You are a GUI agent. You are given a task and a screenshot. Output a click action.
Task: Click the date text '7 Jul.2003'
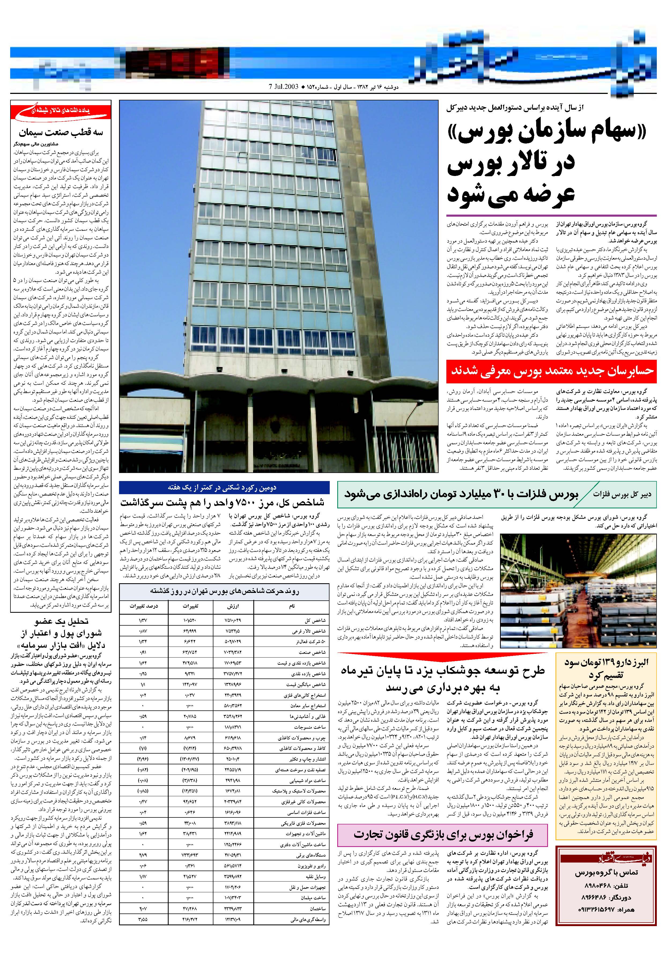(x=283, y=87)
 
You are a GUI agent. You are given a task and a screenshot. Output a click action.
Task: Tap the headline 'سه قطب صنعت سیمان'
(x=61, y=133)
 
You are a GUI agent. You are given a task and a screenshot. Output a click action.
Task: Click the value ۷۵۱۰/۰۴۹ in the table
(x=233, y=621)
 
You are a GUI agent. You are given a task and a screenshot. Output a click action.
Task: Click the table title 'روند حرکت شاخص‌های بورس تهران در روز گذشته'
(x=224, y=591)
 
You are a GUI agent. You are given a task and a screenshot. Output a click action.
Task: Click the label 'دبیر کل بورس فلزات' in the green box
(x=627, y=494)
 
